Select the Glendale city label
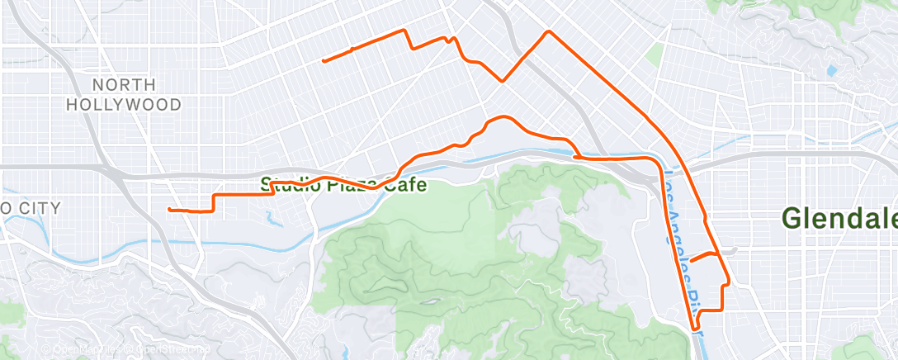pyautogui.click(x=839, y=219)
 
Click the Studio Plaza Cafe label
pyautogui.click(x=344, y=184)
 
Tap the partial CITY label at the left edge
pyautogui.click(x=31, y=208)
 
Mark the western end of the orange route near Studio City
pyautogui.click(x=169, y=210)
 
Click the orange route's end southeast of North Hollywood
pyautogui.click(x=324, y=61)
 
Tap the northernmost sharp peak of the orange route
pyautogui.click(x=547, y=31)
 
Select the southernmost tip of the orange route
pyautogui.click(x=696, y=329)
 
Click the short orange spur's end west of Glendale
pyautogui.click(x=690, y=261)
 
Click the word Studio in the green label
pyautogui.click(x=286, y=184)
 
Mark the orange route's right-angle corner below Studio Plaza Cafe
pyautogui.click(x=215, y=196)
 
